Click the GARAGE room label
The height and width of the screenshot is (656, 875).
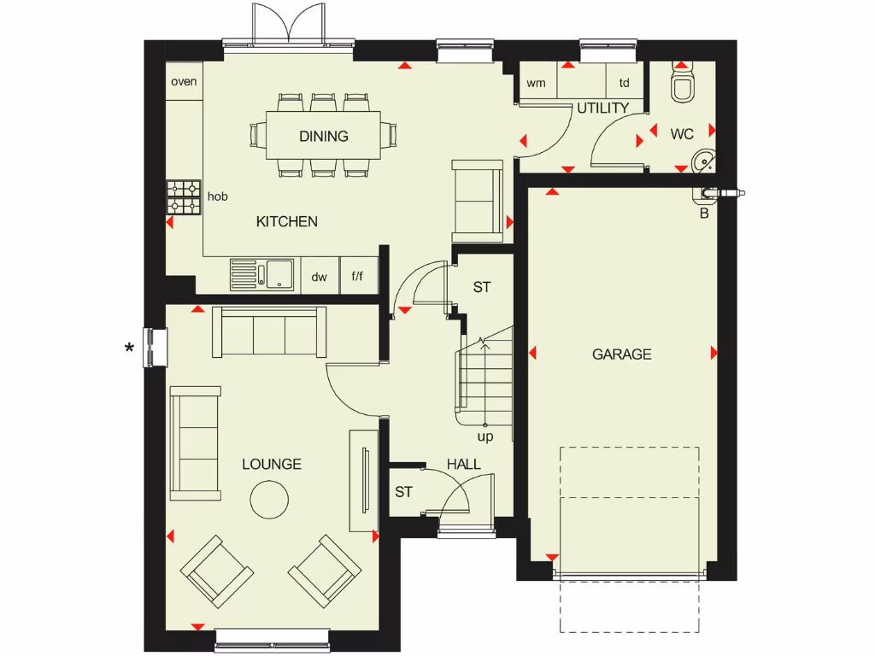621,354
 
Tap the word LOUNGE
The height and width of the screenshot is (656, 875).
272,465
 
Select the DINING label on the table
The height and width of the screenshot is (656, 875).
324,136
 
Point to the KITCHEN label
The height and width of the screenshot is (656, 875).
287,222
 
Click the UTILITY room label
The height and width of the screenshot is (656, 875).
602,108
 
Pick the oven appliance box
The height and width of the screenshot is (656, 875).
184,82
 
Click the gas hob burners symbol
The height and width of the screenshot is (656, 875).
184,197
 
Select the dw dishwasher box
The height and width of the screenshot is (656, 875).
320,277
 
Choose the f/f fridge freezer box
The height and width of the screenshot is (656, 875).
359,277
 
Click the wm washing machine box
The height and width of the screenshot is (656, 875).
537,83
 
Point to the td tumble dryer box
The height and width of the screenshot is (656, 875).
625,83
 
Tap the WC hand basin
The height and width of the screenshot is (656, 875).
704,160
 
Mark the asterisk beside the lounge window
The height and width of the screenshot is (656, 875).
129,348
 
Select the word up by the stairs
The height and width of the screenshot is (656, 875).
485,436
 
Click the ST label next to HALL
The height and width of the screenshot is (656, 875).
403,493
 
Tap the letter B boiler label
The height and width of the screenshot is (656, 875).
704,214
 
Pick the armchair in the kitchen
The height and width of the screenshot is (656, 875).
478,201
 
